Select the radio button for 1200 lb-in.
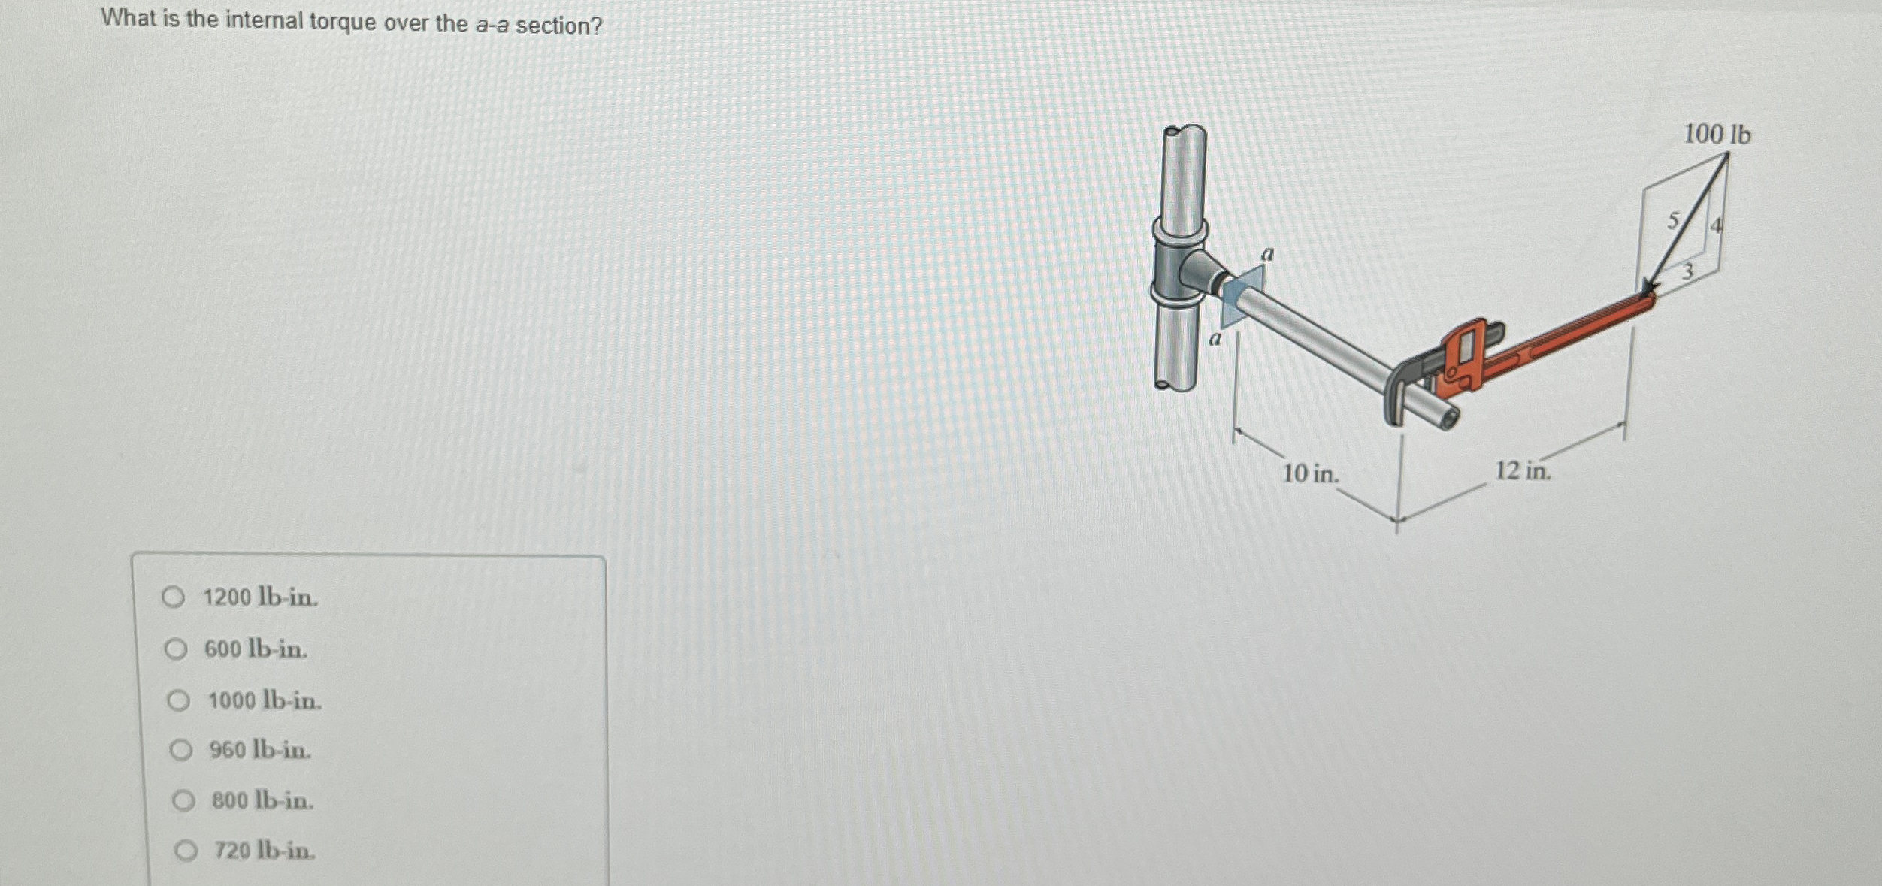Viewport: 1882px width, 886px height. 174,597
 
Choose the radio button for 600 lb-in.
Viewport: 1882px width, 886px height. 175,649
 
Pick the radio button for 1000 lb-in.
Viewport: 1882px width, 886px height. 178,700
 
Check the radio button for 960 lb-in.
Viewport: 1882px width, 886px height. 180,750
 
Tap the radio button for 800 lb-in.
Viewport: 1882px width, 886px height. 183,800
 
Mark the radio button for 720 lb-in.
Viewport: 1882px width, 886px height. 186,851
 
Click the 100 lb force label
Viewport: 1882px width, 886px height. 1717,135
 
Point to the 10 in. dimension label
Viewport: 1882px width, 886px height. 1311,473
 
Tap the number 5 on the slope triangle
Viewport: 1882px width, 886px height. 1673,220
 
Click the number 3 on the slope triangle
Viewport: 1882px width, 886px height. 1687,271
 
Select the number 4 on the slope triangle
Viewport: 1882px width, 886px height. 1717,225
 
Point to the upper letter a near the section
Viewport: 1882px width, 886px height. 1268,255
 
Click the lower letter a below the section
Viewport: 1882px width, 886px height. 1215,340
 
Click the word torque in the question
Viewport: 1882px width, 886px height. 342,22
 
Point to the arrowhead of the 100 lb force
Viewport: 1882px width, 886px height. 1648,289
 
